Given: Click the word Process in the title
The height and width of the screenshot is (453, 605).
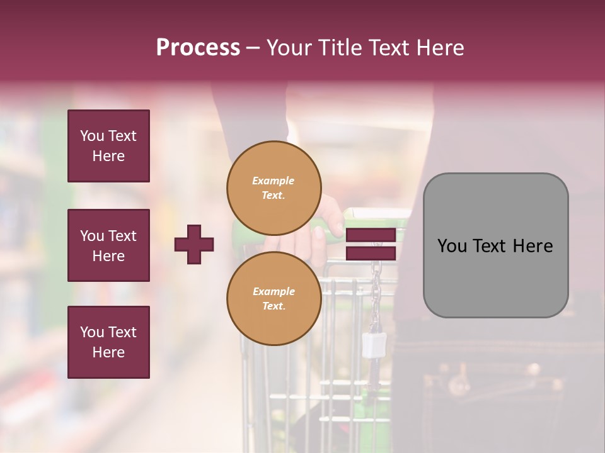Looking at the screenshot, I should (198, 48).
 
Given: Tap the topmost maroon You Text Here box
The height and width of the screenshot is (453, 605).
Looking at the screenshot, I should (108, 146).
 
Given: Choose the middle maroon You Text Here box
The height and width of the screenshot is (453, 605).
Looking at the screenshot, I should (108, 245).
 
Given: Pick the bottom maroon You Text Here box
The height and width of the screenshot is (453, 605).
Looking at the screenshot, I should (108, 342).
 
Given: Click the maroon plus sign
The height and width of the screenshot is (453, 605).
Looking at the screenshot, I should (194, 244).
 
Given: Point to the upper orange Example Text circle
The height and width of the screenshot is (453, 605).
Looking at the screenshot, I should (274, 187).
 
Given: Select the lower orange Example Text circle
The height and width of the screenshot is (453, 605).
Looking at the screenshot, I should (274, 298).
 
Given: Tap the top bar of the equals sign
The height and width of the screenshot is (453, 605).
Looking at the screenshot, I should (371, 235).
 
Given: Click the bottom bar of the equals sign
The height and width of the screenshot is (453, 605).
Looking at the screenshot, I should (371, 253).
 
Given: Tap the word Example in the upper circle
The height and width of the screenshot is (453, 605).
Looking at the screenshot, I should (274, 181).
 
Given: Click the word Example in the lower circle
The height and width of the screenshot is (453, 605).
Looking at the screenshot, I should (274, 291).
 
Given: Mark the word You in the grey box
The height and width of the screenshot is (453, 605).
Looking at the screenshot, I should (452, 246).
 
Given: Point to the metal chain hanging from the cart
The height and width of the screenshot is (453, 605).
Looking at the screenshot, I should (376, 283).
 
